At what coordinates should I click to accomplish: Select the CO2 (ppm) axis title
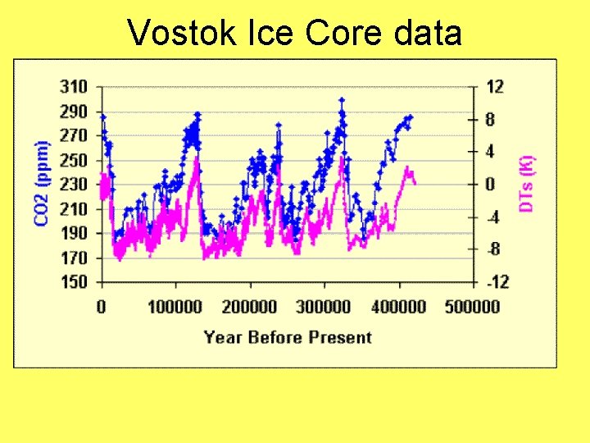tap(41, 183)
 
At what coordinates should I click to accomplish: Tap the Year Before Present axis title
tap(288, 337)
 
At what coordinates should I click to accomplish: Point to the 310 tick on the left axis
tap(74, 86)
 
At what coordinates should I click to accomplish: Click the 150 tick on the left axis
tap(74, 282)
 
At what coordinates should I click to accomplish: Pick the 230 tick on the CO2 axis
tap(74, 185)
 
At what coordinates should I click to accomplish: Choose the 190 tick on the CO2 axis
tap(74, 233)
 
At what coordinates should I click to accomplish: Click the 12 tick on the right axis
tap(495, 86)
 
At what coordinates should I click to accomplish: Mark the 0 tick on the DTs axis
tap(491, 185)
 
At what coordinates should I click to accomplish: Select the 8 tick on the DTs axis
tap(491, 119)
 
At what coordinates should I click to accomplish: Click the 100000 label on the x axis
tap(175, 307)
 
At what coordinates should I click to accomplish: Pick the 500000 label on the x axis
tap(473, 307)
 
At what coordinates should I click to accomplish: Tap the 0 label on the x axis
tap(102, 307)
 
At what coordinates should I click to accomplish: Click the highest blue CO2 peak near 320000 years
tap(341, 99)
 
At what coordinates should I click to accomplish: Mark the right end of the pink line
tap(415, 183)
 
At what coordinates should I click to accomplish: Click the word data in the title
tap(428, 33)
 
